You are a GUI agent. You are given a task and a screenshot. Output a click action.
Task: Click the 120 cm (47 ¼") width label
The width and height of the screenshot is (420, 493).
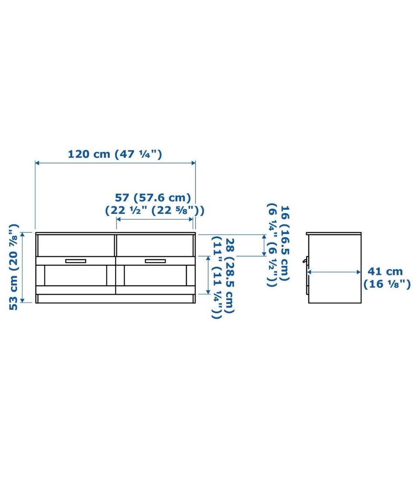pos(115,154)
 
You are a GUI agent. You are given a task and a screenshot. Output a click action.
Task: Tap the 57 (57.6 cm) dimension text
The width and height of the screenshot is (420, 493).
pos(153,198)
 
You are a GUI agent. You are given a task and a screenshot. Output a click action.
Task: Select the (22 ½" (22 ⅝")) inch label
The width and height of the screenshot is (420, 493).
pos(154,210)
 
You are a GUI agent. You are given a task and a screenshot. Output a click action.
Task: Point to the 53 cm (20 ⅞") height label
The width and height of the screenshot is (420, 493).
pos(14,267)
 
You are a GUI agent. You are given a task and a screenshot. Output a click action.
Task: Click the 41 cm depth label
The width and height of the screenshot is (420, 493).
pos(385,271)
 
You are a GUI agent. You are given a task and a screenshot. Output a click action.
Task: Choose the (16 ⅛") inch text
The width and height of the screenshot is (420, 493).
pos(387,284)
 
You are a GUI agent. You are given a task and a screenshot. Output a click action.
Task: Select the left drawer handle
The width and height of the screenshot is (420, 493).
pos(76,261)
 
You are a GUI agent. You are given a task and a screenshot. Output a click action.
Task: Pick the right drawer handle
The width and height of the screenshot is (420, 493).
pos(155,261)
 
